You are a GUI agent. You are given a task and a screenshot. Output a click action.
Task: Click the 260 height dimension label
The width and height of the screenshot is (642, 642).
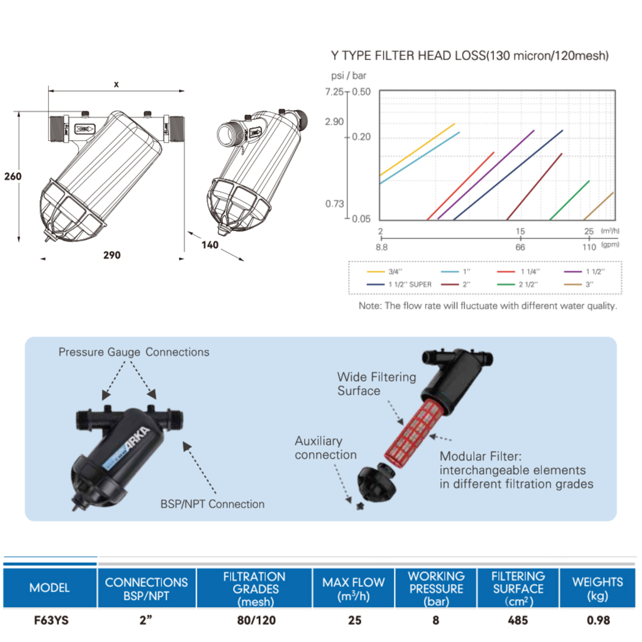click(x=13, y=176)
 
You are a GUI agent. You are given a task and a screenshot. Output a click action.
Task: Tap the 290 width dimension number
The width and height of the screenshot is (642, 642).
click(x=112, y=255)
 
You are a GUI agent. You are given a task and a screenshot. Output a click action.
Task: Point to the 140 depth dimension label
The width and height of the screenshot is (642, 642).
click(x=210, y=245)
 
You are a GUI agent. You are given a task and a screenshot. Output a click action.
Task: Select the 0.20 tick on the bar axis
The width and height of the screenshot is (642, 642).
click(x=361, y=137)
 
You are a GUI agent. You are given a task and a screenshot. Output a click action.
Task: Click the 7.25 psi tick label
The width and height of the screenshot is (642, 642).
click(x=334, y=92)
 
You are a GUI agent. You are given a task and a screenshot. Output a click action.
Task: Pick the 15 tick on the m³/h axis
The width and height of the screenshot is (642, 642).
click(x=520, y=232)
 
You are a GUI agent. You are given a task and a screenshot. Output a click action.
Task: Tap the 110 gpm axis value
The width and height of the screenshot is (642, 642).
click(x=589, y=247)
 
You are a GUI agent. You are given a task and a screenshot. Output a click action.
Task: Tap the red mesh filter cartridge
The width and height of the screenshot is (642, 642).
click(x=413, y=432)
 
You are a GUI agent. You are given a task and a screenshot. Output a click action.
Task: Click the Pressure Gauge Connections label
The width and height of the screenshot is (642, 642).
click(x=134, y=352)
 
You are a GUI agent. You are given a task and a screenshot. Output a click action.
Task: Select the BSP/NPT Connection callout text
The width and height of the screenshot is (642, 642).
click(x=212, y=504)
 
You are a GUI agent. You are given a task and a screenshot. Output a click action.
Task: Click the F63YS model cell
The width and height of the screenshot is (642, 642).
click(x=51, y=620)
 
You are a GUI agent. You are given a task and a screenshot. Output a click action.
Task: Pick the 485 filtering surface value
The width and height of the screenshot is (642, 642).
click(x=518, y=620)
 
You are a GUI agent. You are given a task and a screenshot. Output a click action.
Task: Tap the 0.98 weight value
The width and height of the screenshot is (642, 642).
click(x=598, y=620)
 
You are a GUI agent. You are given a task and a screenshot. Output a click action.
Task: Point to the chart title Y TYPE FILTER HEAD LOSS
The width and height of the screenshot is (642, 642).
click(x=470, y=56)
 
